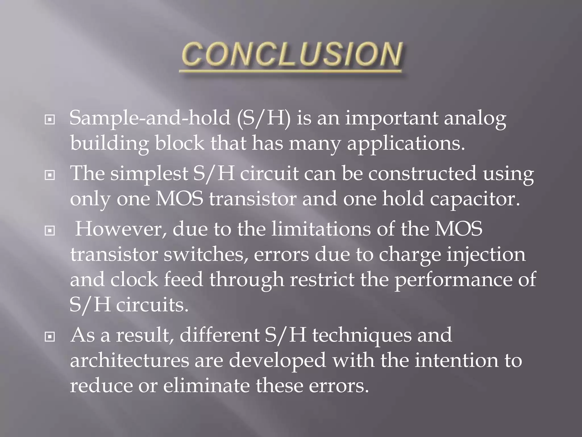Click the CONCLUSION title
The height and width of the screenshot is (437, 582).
pyautogui.click(x=292, y=55)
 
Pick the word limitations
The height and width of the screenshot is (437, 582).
pyautogui.click(x=321, y=229)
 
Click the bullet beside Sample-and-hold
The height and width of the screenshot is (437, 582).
pyautogui.click(x=50, y=120)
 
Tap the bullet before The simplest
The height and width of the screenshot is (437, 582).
pyautogui.click(x=50, y=176)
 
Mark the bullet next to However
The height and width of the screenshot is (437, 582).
pyautogui.click(x=50, y=231)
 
